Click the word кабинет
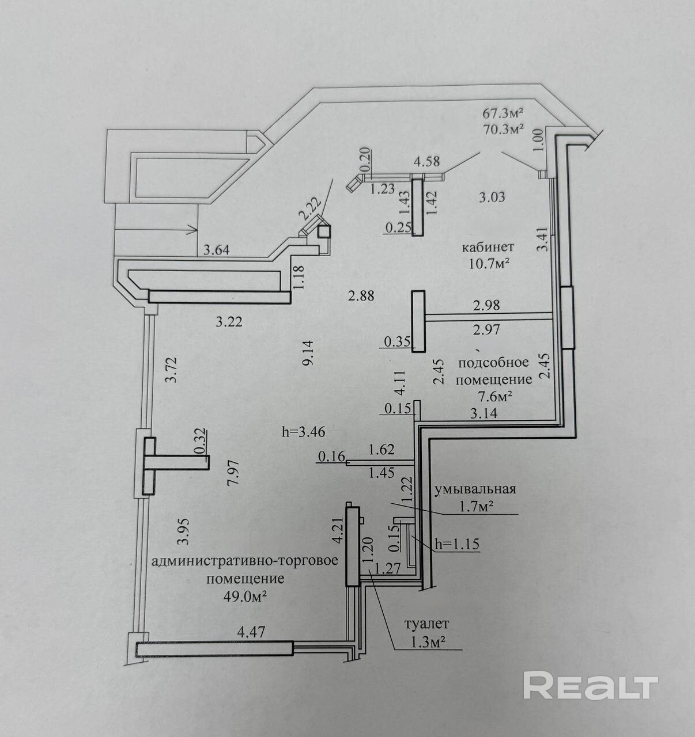point(488,247)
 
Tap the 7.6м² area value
point(495,397)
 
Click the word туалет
point(426,624)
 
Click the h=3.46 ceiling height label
point(304,432)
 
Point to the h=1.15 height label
point(457,544)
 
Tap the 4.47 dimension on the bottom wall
point(251,632)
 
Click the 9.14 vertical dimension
point(309,354)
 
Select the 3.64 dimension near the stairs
point(217,250)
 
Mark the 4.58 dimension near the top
point(427,161)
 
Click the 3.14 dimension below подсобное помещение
point(484,413)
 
